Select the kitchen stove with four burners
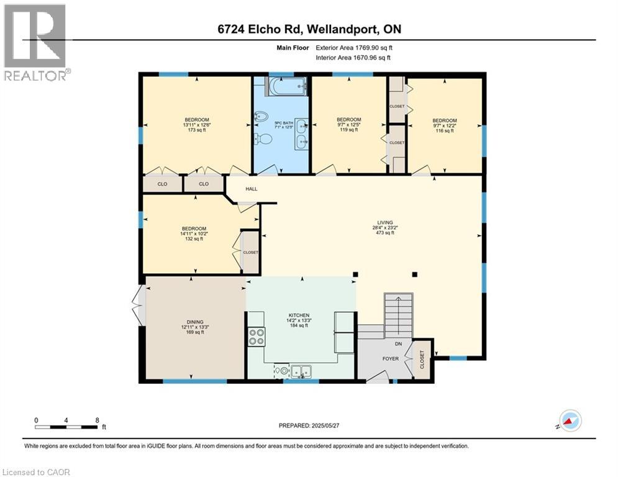256,336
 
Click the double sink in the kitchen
302,371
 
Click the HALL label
251,189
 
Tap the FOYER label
390,358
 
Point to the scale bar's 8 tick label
97,420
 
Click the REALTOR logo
35,42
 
